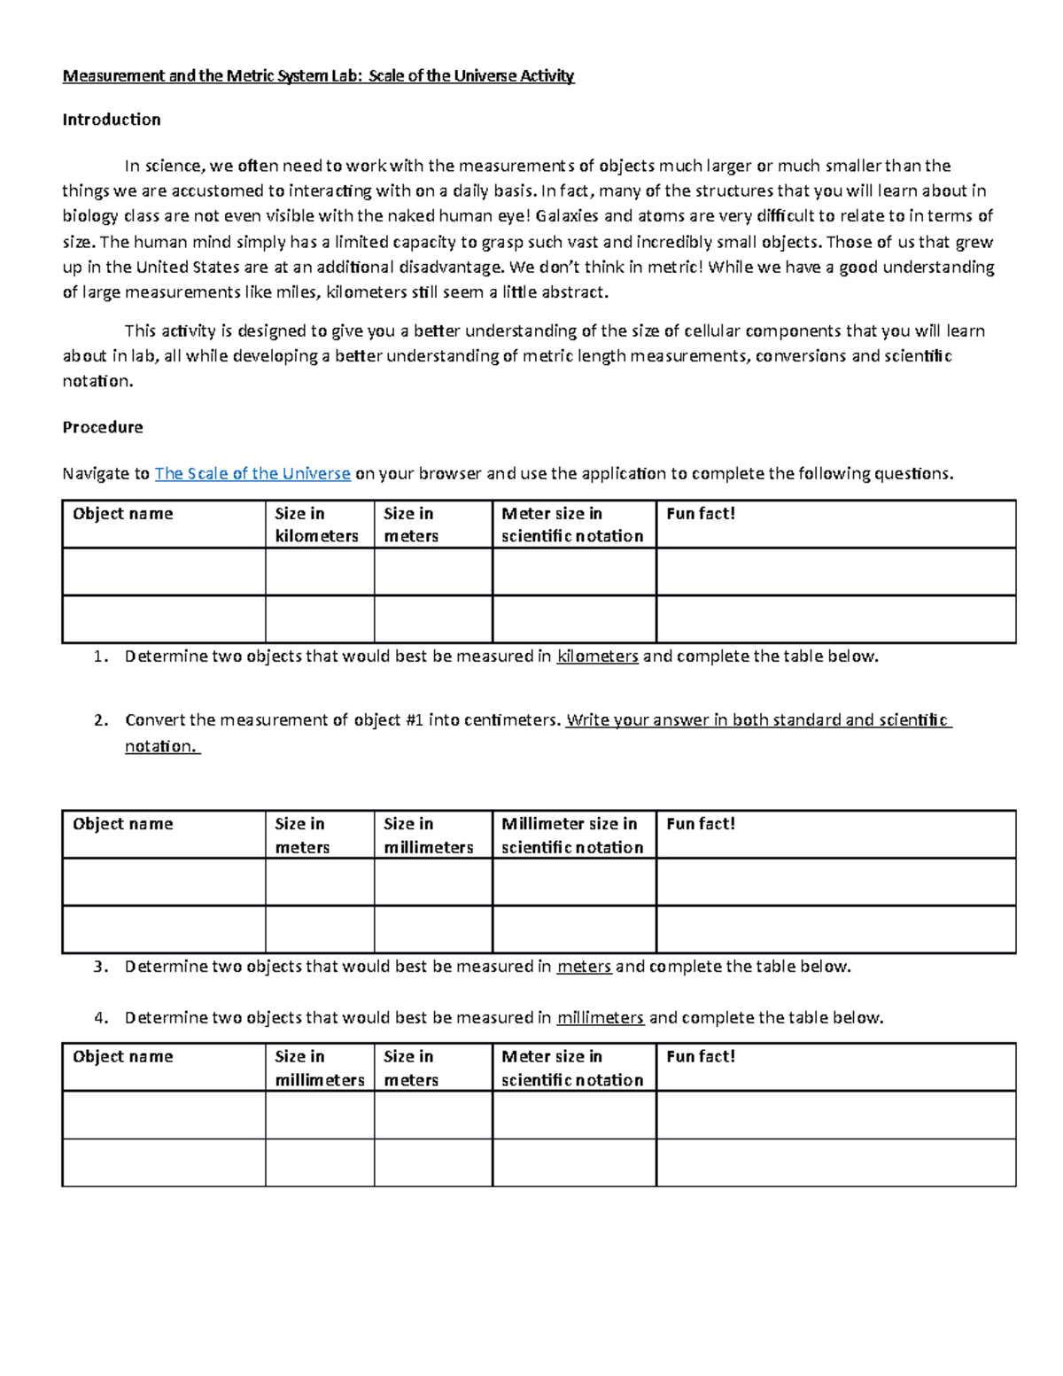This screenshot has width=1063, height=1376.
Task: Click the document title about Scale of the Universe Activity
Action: click(x=318, y=76)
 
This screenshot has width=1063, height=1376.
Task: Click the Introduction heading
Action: click(x=112, y=120)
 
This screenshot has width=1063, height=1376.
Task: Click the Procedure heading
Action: click(x=103, y=427)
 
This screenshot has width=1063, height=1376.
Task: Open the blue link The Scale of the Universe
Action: click(x=252, y=473)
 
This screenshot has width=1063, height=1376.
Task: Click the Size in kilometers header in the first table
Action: click(x=316, y=525)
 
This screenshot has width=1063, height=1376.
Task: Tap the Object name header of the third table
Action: click(x=123, y=1056)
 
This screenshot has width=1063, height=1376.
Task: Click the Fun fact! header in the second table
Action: click(x=700, y=824)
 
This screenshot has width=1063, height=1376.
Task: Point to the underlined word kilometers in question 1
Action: click(x=597, y=657)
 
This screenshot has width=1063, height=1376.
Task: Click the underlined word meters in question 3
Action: click(x=584, y=967)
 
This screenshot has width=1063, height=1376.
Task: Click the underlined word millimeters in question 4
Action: click(x=600, y=1018)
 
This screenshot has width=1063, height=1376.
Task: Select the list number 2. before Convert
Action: click(x=100, y=720)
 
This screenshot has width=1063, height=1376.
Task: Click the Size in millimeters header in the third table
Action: click(x=319, y=1068)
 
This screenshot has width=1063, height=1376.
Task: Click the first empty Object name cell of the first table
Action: click(x=164, y=571)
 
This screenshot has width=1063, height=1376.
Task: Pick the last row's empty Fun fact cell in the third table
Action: click(x=835, y=1162)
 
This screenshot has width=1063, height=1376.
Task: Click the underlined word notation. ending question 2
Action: click(x=162, y=746)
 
